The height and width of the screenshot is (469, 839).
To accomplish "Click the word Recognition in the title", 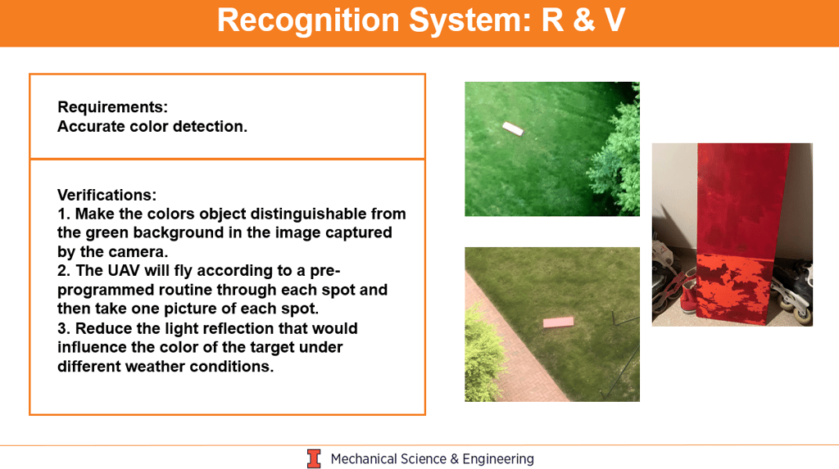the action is click(x=309, y=20).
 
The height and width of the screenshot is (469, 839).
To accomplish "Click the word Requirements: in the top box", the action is click(x=112, y=107).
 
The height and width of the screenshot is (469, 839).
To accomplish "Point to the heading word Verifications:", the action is click(x=107, y=195).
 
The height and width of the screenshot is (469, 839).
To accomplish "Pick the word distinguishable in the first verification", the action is click(x=311, y=214).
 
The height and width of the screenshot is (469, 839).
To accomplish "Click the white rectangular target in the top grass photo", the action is click(x=513, y=129).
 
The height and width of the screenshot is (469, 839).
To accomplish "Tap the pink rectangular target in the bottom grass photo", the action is click(x=558, y=322).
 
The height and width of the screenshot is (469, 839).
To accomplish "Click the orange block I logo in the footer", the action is click(x=314, y=459).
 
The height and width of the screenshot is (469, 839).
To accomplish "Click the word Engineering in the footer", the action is click(x=498, y=459).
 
